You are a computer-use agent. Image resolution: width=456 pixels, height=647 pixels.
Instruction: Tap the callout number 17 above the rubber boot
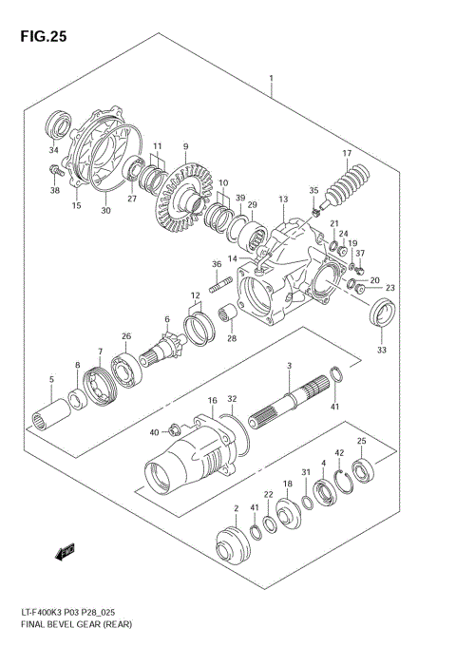click(x=347, y=153)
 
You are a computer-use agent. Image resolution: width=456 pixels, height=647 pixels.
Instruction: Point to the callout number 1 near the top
click(x=272, y=78)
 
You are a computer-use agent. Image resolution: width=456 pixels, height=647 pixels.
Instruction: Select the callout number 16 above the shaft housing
click(x=214, y=401)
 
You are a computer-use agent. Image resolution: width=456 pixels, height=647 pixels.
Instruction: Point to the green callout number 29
click(x=253, y=205)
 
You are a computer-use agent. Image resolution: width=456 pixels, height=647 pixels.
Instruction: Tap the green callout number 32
click(x=233, y=400)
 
